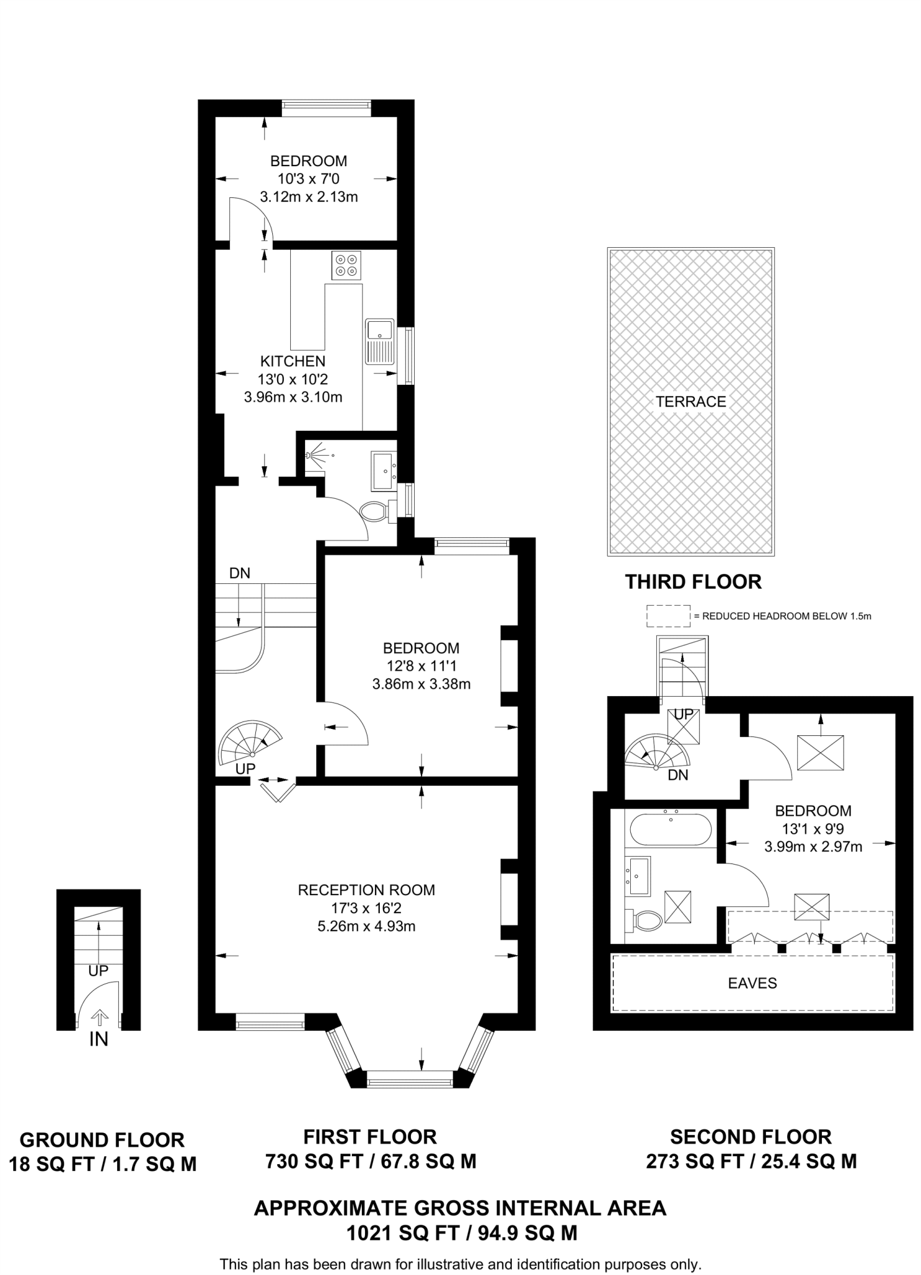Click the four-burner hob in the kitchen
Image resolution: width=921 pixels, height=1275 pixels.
pos(347,265)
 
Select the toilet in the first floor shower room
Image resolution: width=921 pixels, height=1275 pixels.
pos(374,512)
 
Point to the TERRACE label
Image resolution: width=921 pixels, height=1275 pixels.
pos(691,402)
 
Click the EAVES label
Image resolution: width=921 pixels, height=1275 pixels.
pos(752,983)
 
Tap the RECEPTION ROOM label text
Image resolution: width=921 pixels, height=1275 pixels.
pos(366,890)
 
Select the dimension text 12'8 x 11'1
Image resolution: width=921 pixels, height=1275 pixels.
pos(421,666)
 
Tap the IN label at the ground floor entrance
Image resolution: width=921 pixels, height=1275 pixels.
pos(98,1039)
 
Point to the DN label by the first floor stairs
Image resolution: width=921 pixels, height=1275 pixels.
pos(240,573)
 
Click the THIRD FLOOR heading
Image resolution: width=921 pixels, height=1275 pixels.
pos(693,581)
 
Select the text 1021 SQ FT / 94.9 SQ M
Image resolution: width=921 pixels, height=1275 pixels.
pos(461,1233)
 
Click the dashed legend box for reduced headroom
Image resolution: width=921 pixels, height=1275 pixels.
pos(668,616)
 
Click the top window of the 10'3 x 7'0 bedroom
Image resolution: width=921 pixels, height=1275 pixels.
pos(326,108)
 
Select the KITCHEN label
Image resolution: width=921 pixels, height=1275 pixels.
pos(293,361)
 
